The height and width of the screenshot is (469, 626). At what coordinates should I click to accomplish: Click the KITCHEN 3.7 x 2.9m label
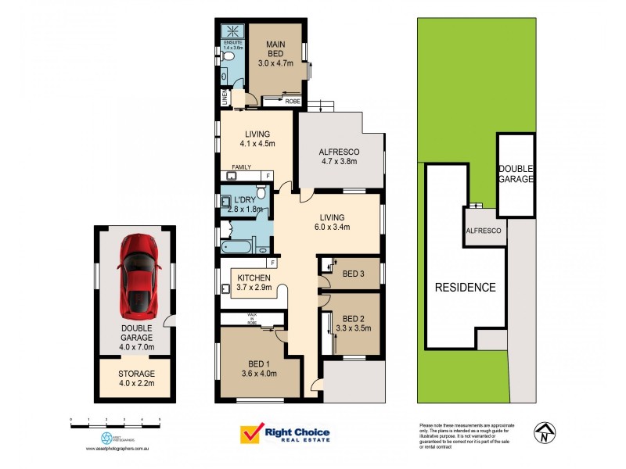254,282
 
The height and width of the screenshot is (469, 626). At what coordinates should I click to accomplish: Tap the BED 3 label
354,273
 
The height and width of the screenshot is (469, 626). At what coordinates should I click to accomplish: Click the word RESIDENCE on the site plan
466,287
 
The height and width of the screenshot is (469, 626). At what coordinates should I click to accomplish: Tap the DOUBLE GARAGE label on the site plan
516,174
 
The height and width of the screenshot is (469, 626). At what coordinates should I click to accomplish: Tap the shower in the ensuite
232,32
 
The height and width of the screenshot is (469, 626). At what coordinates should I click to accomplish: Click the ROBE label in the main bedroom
293,102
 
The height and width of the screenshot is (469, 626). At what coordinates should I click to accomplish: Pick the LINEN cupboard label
224,98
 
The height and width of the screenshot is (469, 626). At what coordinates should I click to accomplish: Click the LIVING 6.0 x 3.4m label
339,223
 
